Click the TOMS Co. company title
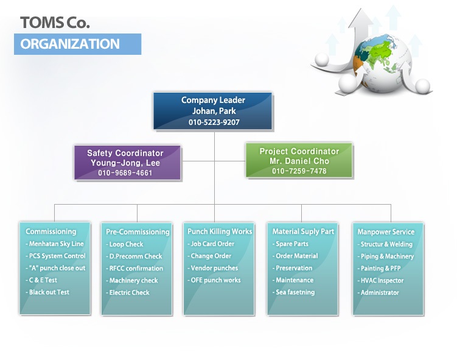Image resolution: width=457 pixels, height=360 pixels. coord(55,23)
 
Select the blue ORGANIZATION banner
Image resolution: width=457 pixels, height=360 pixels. coord(77,44)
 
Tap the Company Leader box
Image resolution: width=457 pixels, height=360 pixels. coord(213,111)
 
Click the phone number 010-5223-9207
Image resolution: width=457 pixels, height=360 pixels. coord(214,122)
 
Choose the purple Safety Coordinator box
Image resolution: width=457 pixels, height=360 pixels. coord(127,163)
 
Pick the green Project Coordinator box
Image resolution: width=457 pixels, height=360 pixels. coord(299,160)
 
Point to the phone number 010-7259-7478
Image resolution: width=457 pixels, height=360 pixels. coord(299,171)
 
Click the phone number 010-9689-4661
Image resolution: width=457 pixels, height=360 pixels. coord(125,173)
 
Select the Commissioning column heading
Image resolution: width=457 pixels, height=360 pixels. coord(51,231)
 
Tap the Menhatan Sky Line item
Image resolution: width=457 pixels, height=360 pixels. coord(55,244)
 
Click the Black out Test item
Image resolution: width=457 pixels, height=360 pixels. coord(47,292)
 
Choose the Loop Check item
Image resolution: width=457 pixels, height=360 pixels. coord(125,244)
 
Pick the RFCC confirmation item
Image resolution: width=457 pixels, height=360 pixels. coord(134,269)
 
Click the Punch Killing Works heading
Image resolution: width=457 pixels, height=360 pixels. coord(220,231)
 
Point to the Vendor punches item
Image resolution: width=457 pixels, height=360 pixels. coord(213,268)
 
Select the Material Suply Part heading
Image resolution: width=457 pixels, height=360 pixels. coord(303,231)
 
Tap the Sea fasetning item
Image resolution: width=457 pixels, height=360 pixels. coord(293,292)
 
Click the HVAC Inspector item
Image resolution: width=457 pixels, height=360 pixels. coord(381,281)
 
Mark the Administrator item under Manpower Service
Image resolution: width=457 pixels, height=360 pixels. coord(379,292)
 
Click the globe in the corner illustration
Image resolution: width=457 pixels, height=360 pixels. coord(382,63)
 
